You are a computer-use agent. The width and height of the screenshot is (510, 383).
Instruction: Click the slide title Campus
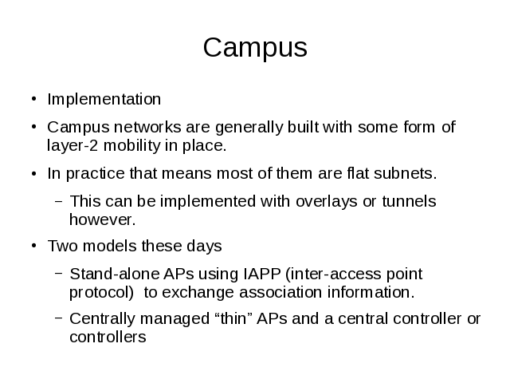point(255,48)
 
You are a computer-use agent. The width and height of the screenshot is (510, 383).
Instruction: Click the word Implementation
point(104,100)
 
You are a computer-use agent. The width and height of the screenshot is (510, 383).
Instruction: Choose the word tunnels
point(407,201)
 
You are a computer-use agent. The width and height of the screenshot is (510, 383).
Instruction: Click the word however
point(102,219)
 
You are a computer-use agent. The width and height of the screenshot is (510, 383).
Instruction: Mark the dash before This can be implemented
point(58,201)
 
